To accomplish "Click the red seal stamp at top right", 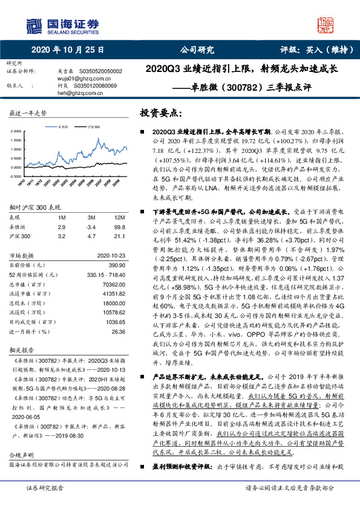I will click(x=327, y=25).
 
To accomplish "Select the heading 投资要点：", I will click(x=161, y=113).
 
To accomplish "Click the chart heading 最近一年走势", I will click(x=28, y=114).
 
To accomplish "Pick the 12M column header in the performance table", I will click(x=119, y=216).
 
